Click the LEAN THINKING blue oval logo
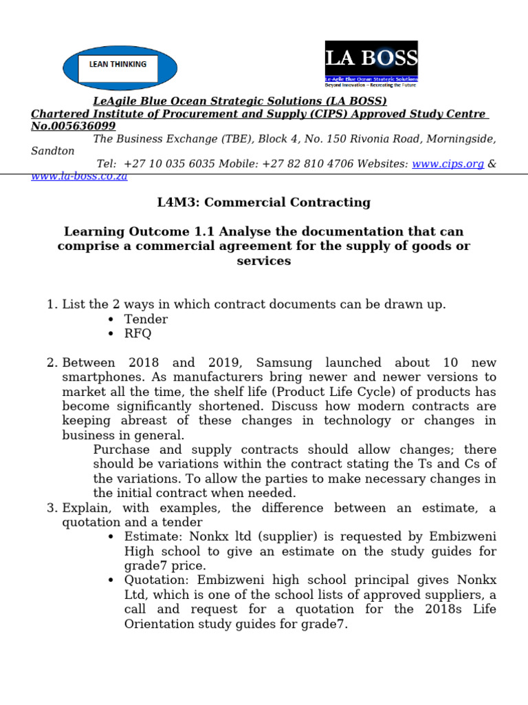click(x=120, y=68)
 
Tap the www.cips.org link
click(x=448, y=164)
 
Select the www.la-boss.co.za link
click(x=79, y=176)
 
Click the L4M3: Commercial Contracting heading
click(x=264, y=202)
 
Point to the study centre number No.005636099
click(x=73, y=126)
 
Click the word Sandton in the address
click(x=53, y=151)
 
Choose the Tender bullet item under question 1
click(x=146, y=319)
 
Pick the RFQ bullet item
click(x=137, y=333)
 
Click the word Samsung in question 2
click(x=284, y=362)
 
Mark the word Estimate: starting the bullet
click(x=151, y=536)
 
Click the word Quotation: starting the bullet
click(x=155, y=580)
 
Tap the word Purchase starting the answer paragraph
click(x=120, y=449)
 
